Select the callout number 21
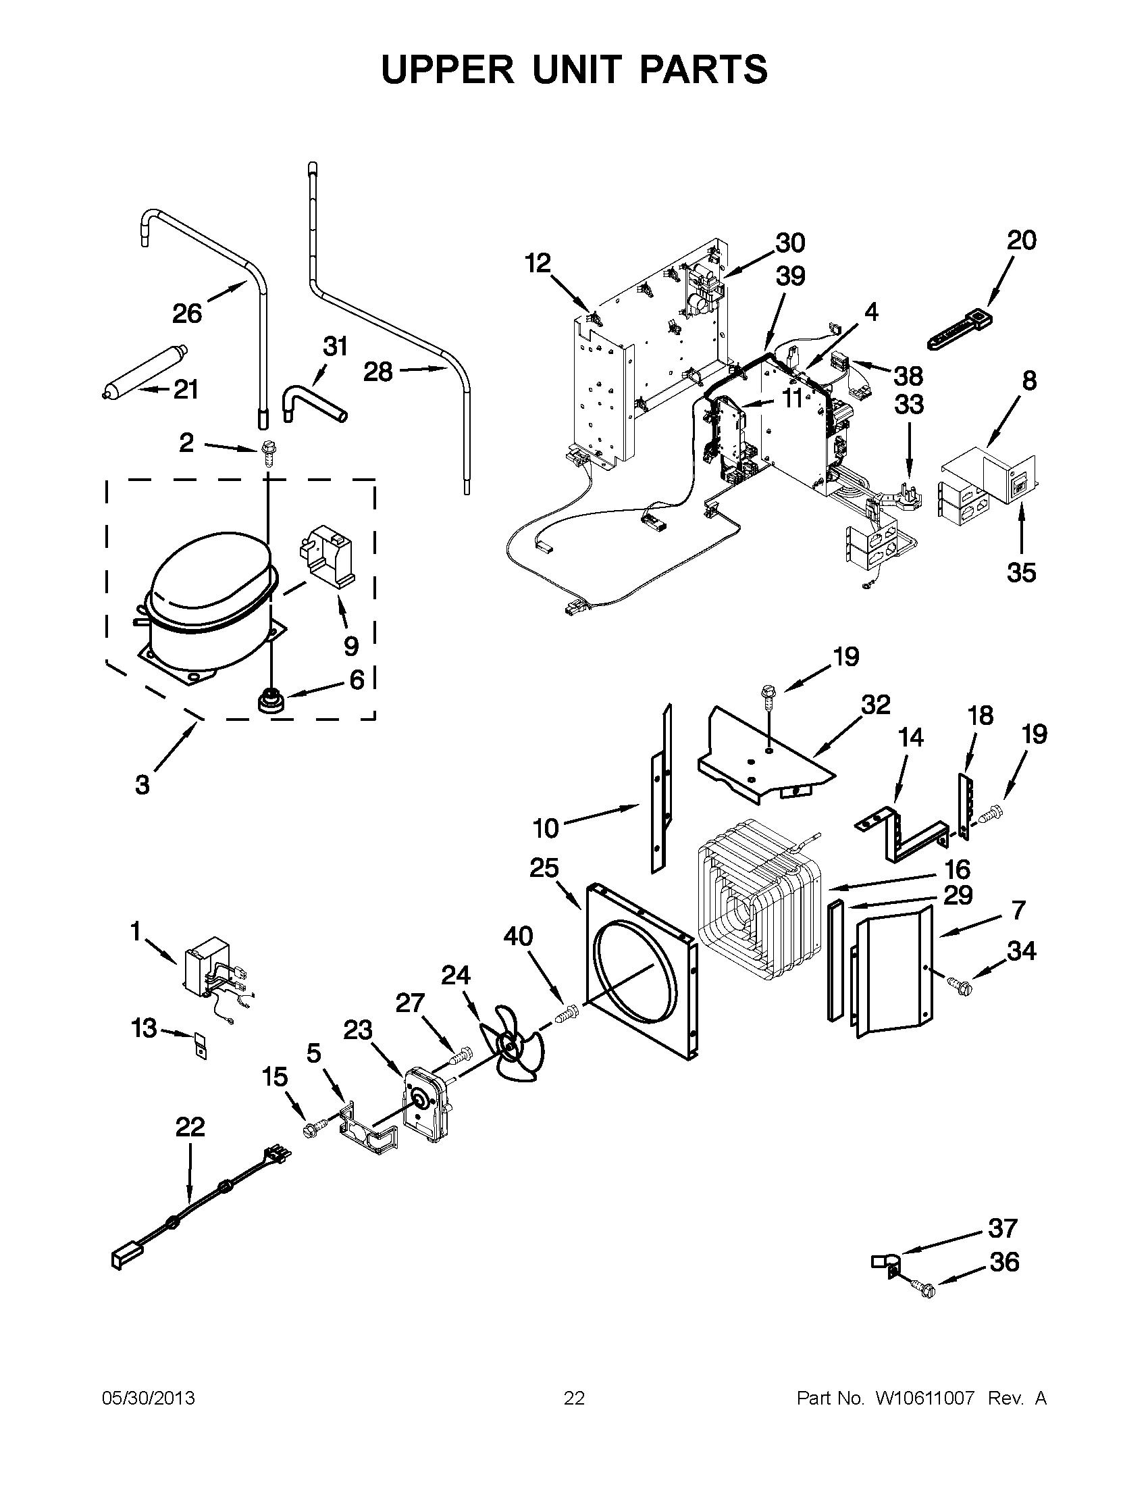[185, 389]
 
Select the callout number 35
[1021, 573]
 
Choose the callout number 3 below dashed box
[142, 785]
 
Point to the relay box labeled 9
[327, 554]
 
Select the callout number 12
[538, 263]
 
